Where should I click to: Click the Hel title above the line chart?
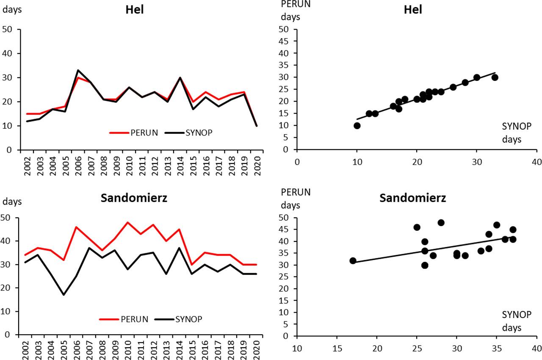click(x=135, y=10)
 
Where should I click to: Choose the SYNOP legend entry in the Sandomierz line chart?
click(x=188, y=319)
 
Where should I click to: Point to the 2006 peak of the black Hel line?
click(x=78, y=70)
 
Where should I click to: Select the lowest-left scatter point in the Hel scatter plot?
click(x=357, y=126)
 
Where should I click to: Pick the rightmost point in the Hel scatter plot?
click(x=495, y=78)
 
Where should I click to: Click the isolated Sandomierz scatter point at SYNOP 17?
click(x=353, y=261)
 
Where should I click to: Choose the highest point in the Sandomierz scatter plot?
click(x=441, y=223)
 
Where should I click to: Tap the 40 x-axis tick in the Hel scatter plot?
click(x=536, y=161)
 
